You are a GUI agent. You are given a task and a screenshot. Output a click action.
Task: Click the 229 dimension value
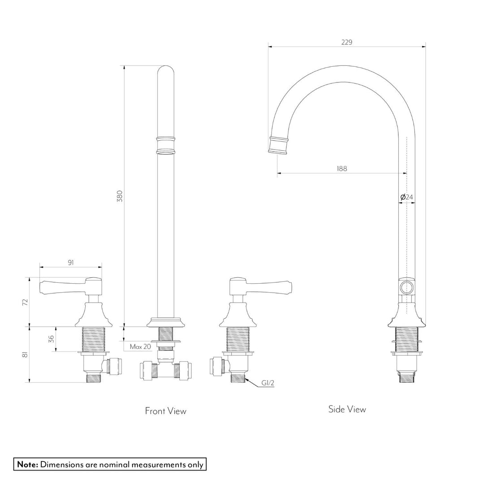tap(346, 42)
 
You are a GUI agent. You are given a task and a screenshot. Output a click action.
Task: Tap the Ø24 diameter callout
tap(406, 197)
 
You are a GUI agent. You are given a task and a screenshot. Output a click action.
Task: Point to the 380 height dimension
tap(119, 196)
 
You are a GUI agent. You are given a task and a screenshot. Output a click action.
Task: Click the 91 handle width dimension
tap(71, 263)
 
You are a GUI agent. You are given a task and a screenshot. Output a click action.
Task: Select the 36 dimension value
tap(51, 339)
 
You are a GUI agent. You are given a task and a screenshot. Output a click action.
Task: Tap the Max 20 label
tap(140, 346)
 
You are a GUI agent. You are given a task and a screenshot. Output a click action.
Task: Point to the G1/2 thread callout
tap(268, 384)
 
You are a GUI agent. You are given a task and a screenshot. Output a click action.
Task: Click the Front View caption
tap(165, 411)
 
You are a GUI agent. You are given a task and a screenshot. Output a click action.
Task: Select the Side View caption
tap(347, 409)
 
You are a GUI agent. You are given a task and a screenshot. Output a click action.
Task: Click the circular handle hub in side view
tap(407, 287)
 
